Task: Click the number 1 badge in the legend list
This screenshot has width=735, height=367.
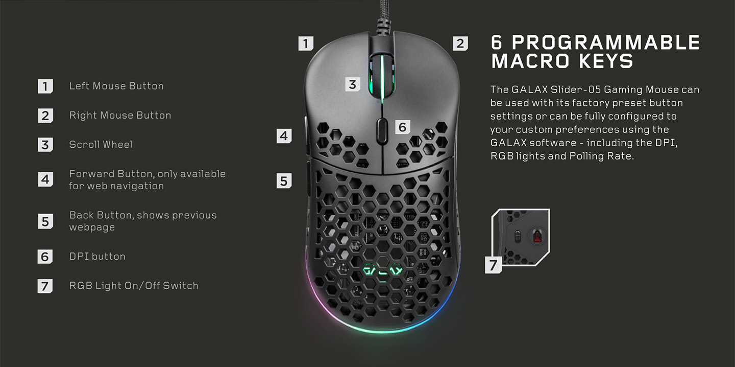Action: pos(45,86)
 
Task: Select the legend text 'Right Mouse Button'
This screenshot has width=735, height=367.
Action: pos(120,116)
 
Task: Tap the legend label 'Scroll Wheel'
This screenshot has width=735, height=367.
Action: pos(101,145)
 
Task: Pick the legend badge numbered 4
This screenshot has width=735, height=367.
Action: pos(45,179)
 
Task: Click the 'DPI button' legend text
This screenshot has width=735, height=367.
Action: pos(97,256)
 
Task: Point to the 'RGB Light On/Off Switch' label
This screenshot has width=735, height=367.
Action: pos(134,286)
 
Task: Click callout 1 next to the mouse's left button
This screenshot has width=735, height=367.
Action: pos(306,43)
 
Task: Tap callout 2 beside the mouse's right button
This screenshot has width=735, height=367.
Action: pos(460,43)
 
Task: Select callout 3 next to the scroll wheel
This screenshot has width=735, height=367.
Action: pos(353,84)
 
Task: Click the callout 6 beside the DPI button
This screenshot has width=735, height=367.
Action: pos(403,127)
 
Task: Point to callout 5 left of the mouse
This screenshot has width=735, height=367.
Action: pos(284,181)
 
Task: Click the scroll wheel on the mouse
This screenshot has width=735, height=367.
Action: pos(382,76)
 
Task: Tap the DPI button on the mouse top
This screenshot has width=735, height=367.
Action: pos(382,130)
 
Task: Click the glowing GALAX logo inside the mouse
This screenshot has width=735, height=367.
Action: pos(383,270)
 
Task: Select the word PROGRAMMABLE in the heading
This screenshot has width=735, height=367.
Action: pos(606,43)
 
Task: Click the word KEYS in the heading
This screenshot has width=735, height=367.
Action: pos(606,61)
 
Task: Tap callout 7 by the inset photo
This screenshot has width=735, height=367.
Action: pos(493,265)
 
